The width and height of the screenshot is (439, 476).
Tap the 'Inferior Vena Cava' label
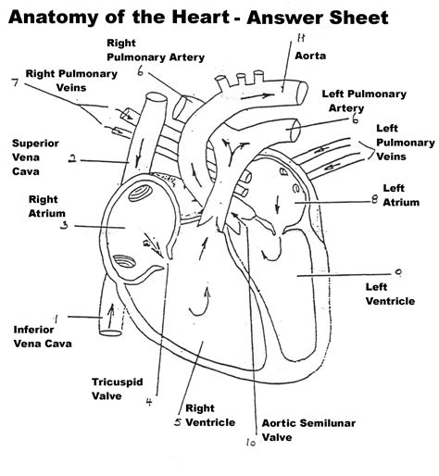coord(42,336)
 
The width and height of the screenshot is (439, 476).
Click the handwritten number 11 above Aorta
coord(300,38)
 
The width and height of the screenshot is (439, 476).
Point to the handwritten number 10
coord(250,443)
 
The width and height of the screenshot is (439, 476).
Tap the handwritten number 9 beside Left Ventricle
coord(397,271)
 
